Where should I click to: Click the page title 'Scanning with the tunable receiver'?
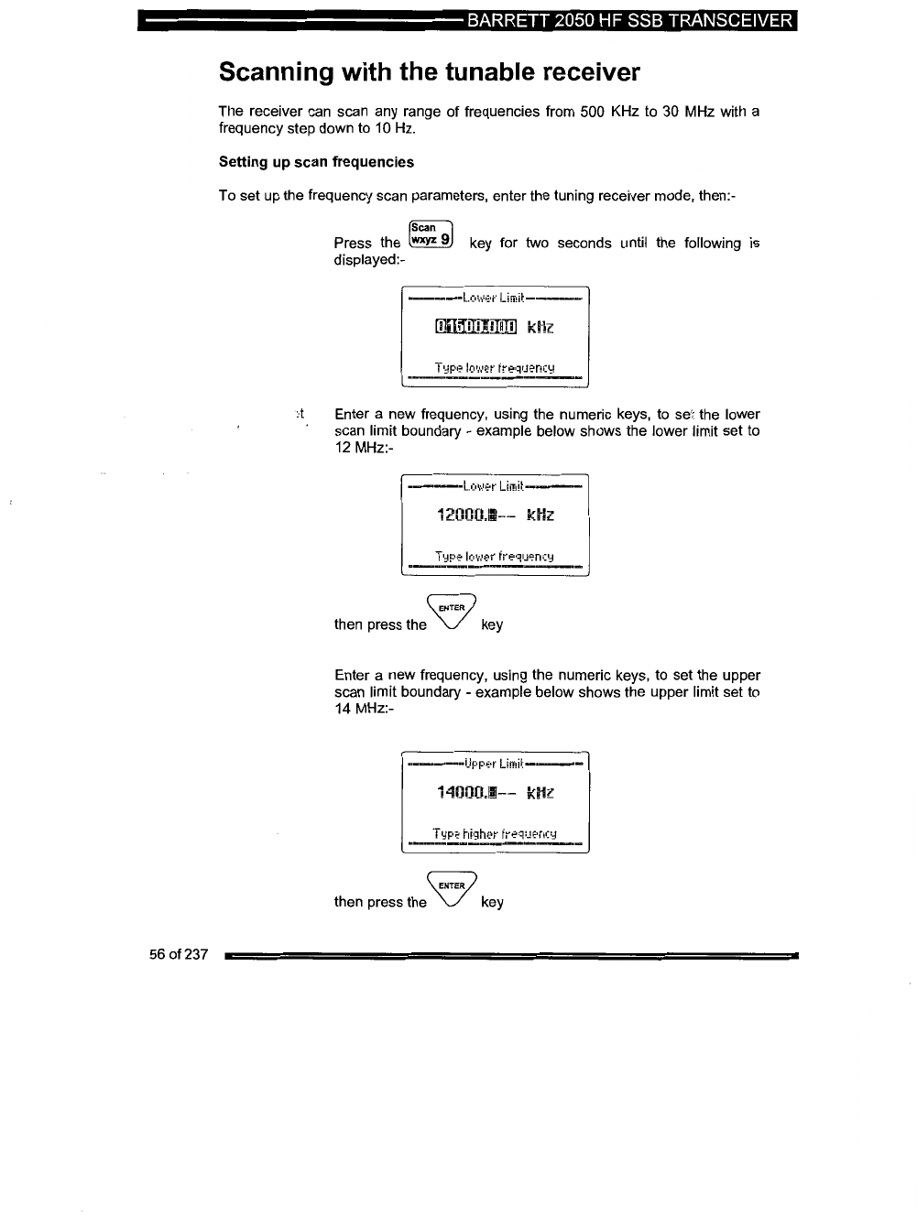pos(429,72)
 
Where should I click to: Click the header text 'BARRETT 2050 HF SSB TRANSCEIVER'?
pos(628,20)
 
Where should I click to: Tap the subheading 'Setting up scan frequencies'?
pos(316,162)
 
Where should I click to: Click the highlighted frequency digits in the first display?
pos(475,327)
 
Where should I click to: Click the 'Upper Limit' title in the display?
pos(493,764)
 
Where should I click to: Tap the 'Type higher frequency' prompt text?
pos(495,834)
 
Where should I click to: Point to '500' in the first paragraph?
pos(595,112)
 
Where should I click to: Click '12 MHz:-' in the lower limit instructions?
pos(363,447)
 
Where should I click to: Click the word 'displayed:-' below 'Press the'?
pos(369,259)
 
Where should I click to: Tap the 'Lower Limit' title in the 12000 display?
pos(493,485)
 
